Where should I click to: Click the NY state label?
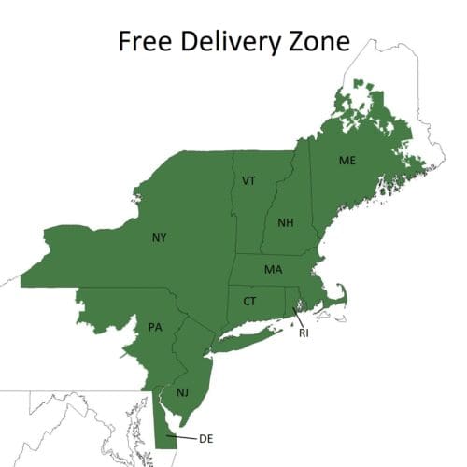(x=160, y=238)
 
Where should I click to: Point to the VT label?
(x=248, y=180)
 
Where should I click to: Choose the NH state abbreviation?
(x=285, y=223)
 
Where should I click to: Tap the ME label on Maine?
(x=347, y=161)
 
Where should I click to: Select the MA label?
(x=273, y=270)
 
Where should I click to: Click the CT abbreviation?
(x=249, y=302)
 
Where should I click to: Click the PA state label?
(x=155, y=327)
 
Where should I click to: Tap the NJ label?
(x=184, y=393)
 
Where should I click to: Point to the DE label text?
(x=206, y=437)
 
